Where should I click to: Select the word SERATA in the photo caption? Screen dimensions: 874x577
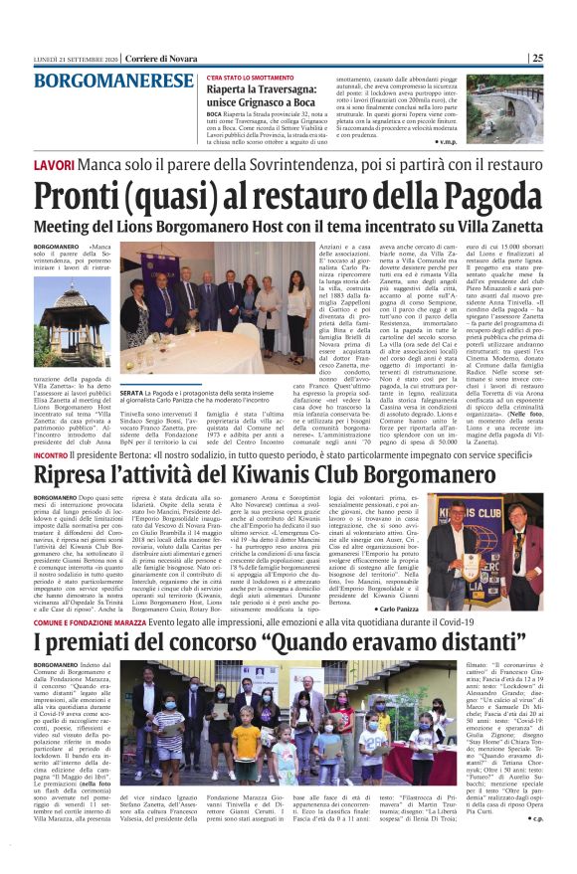pyautogui.click(x=133, y=396)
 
